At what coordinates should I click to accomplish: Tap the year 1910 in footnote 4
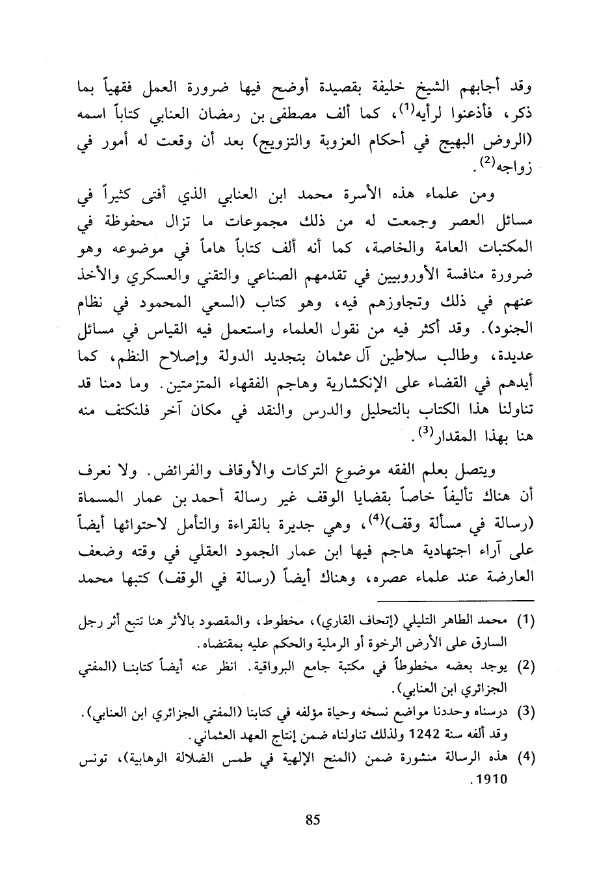(x=493, y=778)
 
